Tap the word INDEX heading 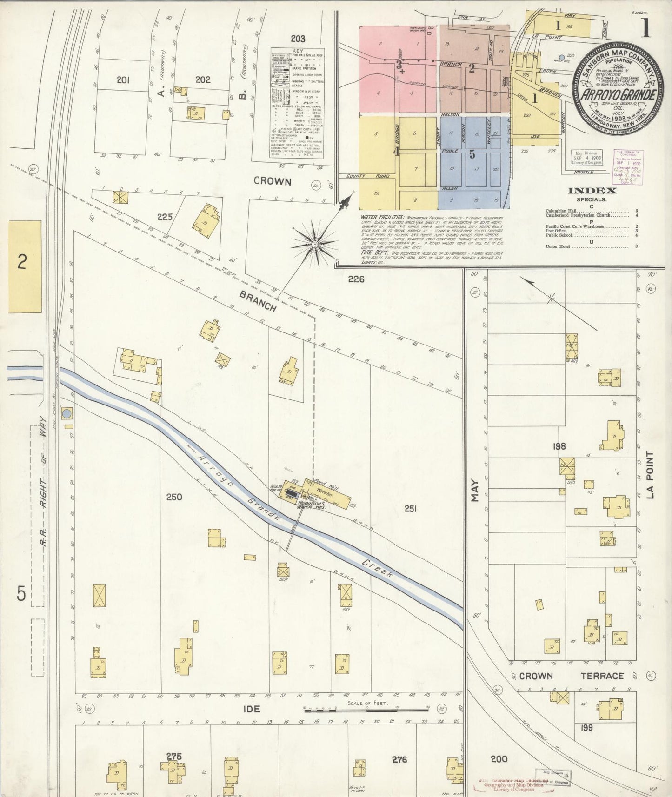point(592,190)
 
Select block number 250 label point(174,497)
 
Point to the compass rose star point(315,244)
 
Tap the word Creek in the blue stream point(377,566)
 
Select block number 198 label point(559,446)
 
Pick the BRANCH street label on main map point(258,301)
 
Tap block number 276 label point(399,759)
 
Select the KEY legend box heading point(298,50)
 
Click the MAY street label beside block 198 point(475,497)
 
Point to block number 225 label point(165,216)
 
